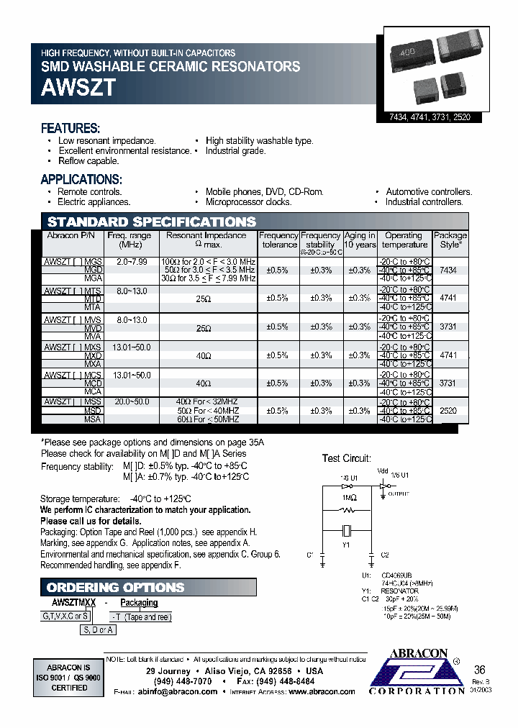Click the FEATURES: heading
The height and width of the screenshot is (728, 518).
point(70,129)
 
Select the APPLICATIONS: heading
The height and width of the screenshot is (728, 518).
point(81,180)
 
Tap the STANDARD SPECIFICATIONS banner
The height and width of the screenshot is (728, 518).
point(152,222)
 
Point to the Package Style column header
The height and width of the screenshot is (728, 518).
point(450,240)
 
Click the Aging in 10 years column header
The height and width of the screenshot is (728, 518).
point(360,240)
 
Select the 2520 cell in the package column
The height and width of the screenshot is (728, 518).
point(447,411)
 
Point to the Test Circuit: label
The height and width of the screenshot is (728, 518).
point(346,458)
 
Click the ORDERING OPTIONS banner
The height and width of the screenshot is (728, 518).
point(115,587)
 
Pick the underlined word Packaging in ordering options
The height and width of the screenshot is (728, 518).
point(139,603)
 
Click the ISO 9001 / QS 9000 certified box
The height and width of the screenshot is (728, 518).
point(68,677)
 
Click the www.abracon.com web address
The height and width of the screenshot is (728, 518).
point(322,691)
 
